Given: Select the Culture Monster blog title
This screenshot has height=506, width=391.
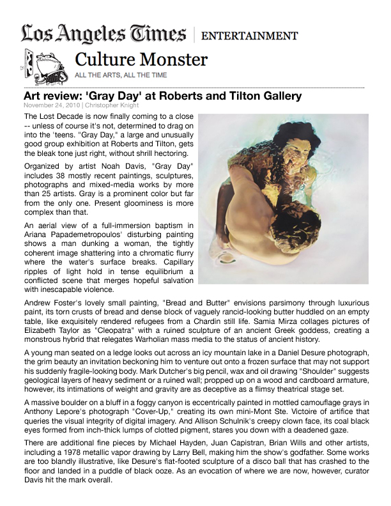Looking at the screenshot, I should pos(141,60).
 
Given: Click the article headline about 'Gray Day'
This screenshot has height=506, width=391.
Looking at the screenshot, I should pos(162,96).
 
